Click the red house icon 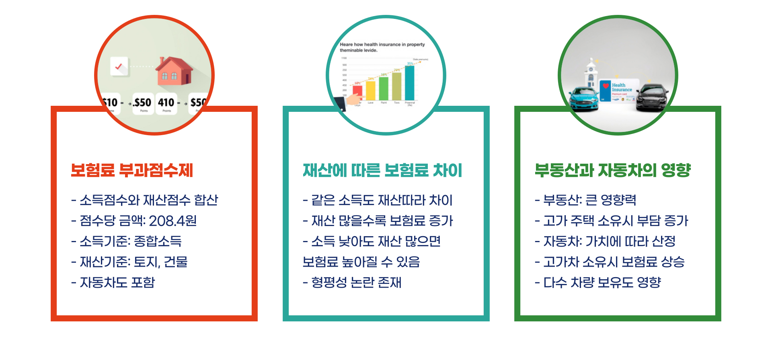174,71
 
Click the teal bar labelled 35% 409,82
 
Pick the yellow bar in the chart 370,90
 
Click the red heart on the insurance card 606,86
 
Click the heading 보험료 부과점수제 132,170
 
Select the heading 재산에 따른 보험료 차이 382,170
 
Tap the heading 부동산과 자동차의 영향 612,170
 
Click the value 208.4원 173,220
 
